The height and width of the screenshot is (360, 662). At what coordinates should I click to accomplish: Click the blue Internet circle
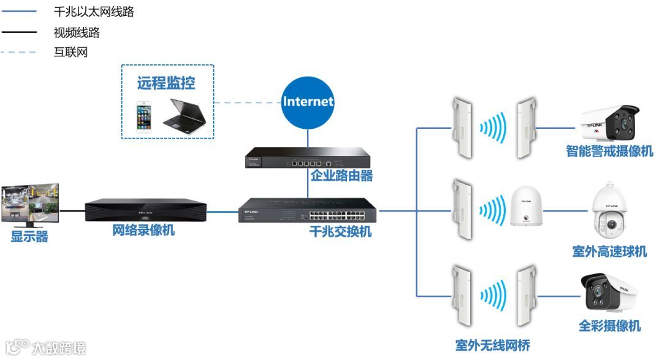pyautogui.click(x=308, y=102)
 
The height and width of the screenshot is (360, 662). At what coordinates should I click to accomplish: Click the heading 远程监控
pyautogui.click(x=166, y=82)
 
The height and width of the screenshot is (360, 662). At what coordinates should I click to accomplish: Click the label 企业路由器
pyautogui.click(x=341, y=177)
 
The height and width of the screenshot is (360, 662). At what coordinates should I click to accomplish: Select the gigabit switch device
pyautogui.click(x=308, y=210)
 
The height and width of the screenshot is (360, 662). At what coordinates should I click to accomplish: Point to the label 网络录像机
pyautogui.click(x=143, y=231)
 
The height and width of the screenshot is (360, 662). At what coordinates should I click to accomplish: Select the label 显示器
pyautogui.click(x=29, y=237)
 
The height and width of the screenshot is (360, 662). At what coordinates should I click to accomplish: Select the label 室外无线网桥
pyautogui.click(x=492, y=346)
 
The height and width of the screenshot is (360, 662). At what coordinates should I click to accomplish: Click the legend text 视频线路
pyautogui.click(x=77, y=32)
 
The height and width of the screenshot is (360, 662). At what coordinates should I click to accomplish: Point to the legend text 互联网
pyautogui.click(x=70, y=52)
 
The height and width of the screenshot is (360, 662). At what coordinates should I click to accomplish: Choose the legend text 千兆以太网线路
pyautogui.click(x=93, y=12)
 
